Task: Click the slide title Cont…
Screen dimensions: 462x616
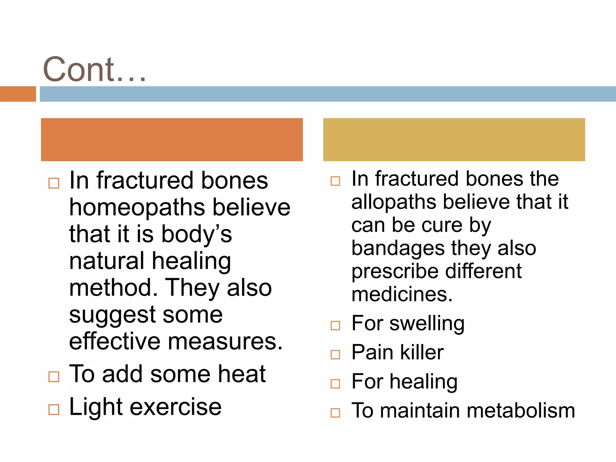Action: click(x=94, y=70)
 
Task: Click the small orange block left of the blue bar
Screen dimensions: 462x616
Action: click(x=18, y=94)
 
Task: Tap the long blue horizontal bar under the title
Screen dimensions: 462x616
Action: click(x=327, y=94)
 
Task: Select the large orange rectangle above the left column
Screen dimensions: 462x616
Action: click(x=172, y=140)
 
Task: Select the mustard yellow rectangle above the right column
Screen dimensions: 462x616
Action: click(x=454, y=140)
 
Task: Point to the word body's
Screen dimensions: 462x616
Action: click(x=196, y=234)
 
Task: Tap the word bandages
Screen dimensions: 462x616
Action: click(x=398, y=248)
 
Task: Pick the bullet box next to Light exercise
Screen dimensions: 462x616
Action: click(x=54, y=409)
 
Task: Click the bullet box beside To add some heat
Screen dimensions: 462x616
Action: click(x=54, y=377)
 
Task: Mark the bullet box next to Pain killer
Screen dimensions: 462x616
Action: click(x=335, y=355)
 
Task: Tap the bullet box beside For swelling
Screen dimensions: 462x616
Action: click(x=335, y=325)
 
